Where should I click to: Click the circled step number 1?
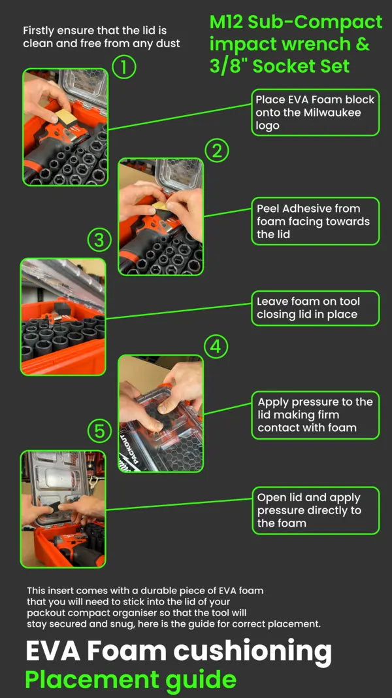(x=124, y=67)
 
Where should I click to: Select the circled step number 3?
(x=99, y=240)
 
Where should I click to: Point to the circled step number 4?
(x=216, y=347)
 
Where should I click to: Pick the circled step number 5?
(x=99, y=431)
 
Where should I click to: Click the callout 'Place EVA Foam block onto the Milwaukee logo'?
(x=315, y=112)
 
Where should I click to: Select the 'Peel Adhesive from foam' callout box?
(x=315, y=221)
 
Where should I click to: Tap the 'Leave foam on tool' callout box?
(x=315, y=308)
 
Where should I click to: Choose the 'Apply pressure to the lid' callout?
(x=315, y=415)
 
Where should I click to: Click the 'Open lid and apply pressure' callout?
(x=315, y=510)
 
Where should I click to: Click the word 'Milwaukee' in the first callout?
(x=330, y=113)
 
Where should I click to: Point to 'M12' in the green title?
(x=226, y=22)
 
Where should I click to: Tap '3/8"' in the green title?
(x=227, y=66)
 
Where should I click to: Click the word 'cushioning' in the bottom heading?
(x=252, y=652)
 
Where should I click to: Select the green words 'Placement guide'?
(x=131, y=679)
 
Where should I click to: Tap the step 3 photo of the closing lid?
(x=63, y=317)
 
